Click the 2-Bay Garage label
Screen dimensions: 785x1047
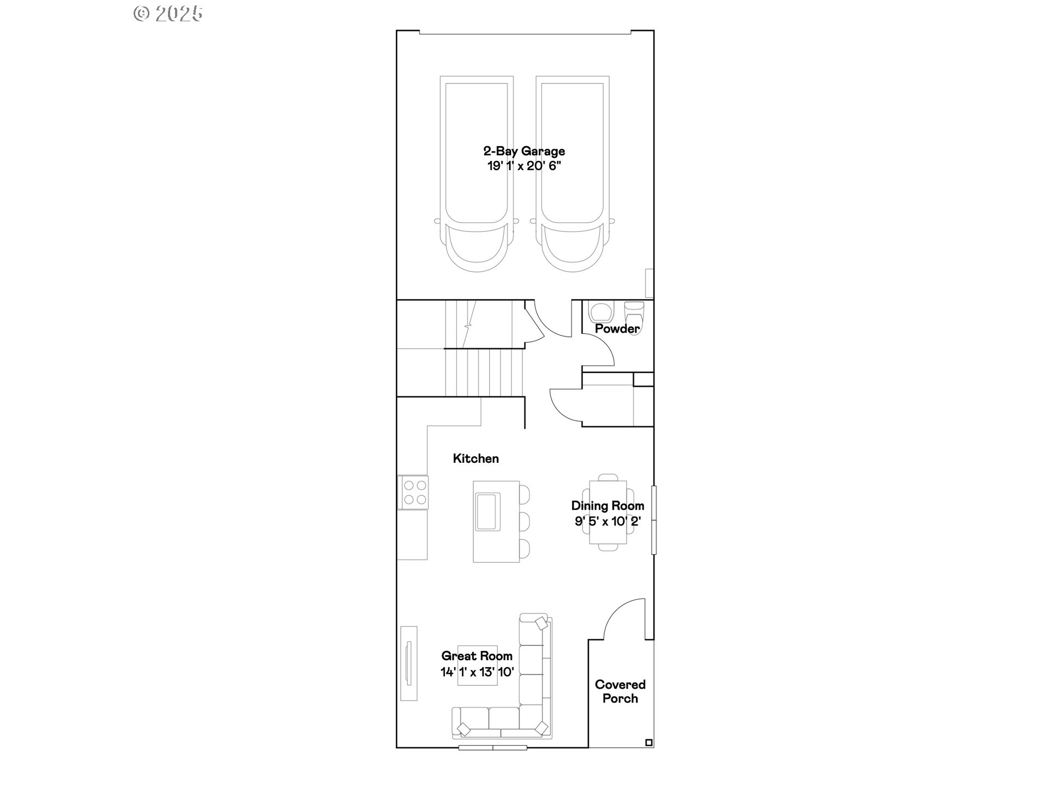524,151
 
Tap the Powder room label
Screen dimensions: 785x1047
617,329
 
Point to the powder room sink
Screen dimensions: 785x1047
600,312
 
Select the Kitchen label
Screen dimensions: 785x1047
476,458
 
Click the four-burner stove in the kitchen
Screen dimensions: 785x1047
414,492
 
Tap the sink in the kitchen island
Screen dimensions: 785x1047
487,511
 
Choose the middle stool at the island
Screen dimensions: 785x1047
524,521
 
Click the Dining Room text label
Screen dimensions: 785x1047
607,506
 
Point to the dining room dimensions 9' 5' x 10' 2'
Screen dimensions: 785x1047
607,521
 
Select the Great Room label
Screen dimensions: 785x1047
477,656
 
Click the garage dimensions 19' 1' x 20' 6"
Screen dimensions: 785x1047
524,166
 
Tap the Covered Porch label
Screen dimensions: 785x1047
620,691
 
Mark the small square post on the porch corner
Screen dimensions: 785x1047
648,742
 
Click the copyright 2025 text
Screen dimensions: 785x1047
168,14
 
